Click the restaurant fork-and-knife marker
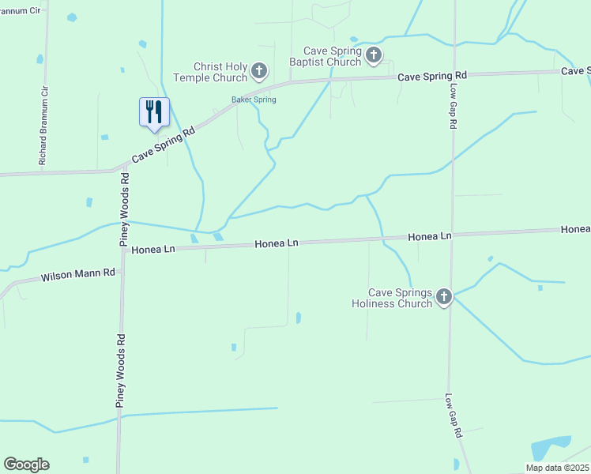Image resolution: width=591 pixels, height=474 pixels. (154, 111)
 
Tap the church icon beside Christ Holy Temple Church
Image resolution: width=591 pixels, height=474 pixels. (258, 73)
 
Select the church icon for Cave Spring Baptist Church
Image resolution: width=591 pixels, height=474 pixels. (374, 55)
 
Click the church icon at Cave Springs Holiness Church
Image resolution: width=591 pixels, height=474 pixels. (444, 297)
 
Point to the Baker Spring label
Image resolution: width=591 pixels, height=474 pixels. (254, 100)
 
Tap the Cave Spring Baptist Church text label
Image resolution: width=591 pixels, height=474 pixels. (326, 55)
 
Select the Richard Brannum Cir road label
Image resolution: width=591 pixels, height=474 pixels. (44, 125)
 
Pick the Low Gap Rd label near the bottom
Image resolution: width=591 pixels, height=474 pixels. (452, 416)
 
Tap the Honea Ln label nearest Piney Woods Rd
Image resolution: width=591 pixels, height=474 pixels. (153, 249)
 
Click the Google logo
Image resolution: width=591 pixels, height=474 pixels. (26, 465)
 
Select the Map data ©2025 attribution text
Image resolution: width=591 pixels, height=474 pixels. (557, 468)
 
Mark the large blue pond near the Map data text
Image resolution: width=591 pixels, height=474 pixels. (550, 449)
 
